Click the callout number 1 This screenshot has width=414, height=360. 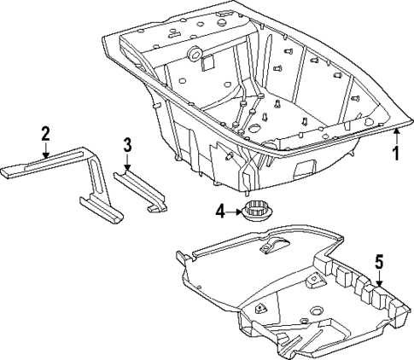[394, 154]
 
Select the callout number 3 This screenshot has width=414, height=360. [126, 144]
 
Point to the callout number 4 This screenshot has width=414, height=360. [220, 210]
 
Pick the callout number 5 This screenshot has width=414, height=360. [380, 264]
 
